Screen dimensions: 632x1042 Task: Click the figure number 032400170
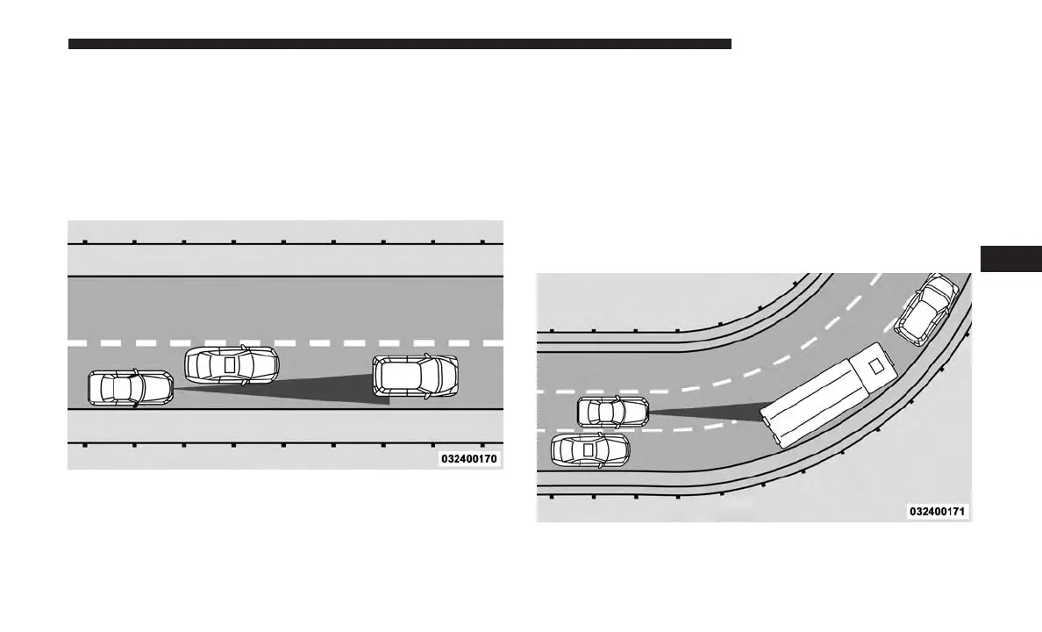[x=470, y=458]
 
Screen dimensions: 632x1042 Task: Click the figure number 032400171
[x=939, y=511]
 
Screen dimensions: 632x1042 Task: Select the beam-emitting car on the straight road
[x=130, y=388]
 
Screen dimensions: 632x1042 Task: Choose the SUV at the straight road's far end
[x=415, y=376]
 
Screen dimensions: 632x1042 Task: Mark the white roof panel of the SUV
[x=408, y=376]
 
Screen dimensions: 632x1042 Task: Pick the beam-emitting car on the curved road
[x=612, y=412]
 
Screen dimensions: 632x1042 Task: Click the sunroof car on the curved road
[x=589, y=449]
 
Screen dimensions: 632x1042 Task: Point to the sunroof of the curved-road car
[x=589, y=449]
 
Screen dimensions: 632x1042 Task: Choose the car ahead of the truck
[x=926, y=307]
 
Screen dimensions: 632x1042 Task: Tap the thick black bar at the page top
[x=399, y=43]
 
